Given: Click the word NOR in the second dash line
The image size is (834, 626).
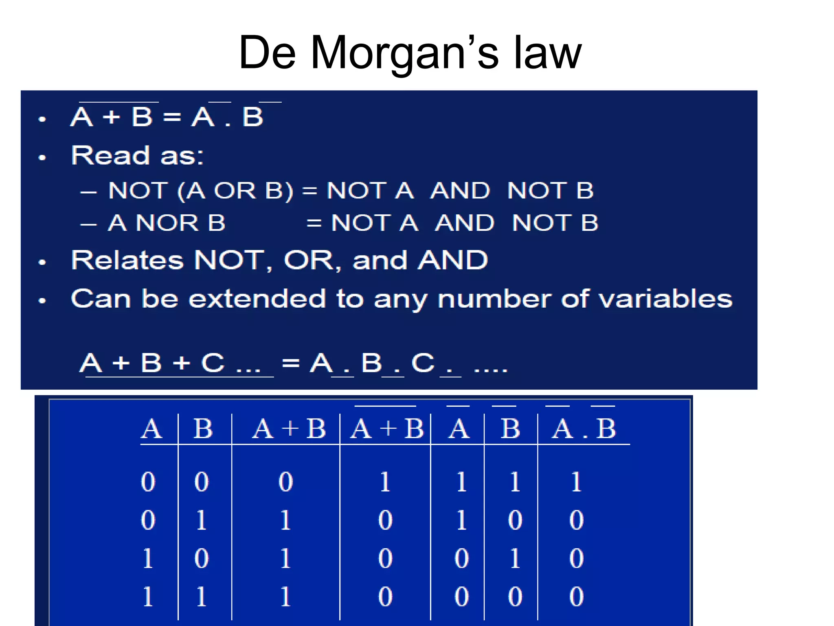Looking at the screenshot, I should pos(167,223).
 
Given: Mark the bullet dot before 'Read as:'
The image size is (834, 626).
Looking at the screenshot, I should pos(42,157).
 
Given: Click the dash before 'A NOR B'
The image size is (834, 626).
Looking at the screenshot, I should pos(88,224).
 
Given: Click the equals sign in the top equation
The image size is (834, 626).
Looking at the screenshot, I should pos(172,117).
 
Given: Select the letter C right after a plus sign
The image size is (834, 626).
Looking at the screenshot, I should pos(213,362).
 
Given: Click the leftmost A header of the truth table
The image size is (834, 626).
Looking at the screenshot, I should pos(151,429).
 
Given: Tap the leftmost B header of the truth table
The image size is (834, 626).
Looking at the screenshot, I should pos(203,429).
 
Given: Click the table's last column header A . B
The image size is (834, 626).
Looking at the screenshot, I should pos(584,429).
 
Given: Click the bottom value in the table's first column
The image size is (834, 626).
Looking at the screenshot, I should pos(148,596).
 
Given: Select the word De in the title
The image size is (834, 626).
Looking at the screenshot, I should pos(267,53).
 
